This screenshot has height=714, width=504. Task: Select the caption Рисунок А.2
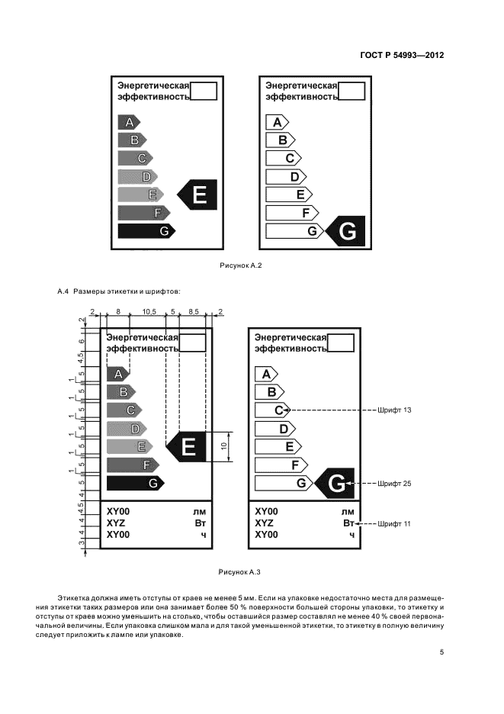click(x=241, y=265)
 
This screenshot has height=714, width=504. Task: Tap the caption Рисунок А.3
click(x=240, y=571)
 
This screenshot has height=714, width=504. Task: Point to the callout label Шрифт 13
click(x=395, y=410)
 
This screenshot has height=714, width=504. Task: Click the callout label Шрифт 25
click(x=395, y=483)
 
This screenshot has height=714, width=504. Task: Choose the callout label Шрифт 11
click(x=395, y=524)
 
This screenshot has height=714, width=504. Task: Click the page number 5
click(x=441, y=652)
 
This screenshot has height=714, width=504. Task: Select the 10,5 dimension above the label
click(x=149, y=312)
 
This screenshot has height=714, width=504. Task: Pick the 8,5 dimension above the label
click(x=193, y=312)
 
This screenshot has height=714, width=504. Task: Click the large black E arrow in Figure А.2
click(x=197, y=195)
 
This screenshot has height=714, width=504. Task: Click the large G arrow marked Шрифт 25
click(x=335, y=483)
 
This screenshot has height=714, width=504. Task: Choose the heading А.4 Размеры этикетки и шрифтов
click(x=120, y=291)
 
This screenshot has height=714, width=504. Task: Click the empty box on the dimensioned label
click(x=193, y=341)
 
